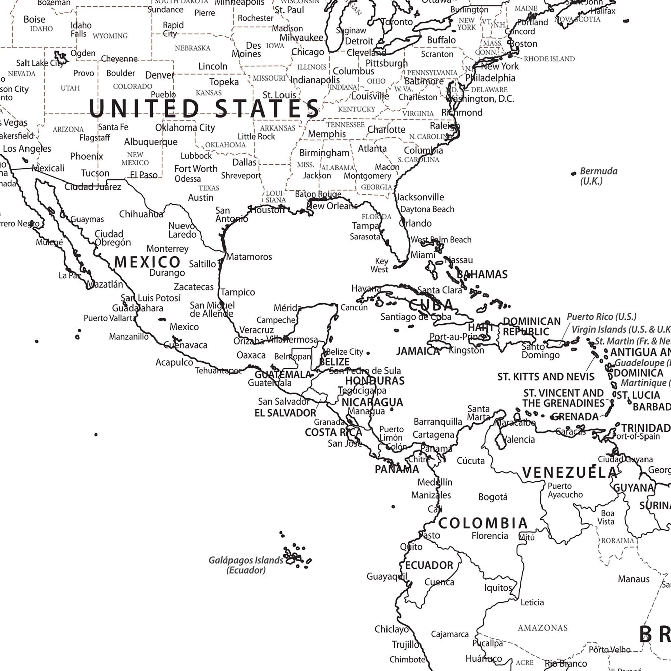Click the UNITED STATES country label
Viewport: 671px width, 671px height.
click(204, 108)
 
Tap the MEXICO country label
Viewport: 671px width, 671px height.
click(147, 262)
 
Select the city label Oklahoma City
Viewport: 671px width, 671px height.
click(185, 128)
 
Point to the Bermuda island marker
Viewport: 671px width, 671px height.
click(573, 174)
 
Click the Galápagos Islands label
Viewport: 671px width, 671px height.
click(246, 565)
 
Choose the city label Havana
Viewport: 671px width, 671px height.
click(366, 288)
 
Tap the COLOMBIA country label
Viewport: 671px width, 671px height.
click(483, 523)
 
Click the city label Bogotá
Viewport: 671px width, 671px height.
click(493, 497)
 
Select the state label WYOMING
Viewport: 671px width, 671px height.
click(110, 36)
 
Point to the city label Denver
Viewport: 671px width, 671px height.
click(160, 75)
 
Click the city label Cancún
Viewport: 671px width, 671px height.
click(354, 307)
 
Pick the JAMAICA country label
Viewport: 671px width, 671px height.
click(418, 351)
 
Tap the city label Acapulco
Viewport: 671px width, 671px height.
click(174, 362)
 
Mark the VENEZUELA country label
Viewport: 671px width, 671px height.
click(570, 472)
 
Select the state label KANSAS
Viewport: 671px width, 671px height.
click(209, 93)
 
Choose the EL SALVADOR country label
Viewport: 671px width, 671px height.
click(286, 413)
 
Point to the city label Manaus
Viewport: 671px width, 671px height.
click(633, 579)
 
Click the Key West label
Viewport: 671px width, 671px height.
click(379, 265)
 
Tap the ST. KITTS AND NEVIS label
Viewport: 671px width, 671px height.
click(546, 377)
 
